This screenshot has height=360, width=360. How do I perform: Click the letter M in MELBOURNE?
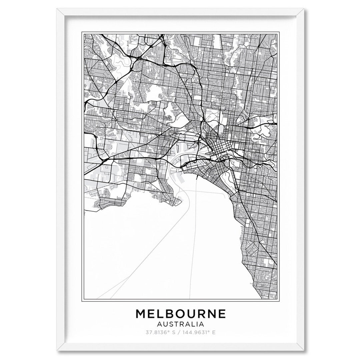(141, 314)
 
